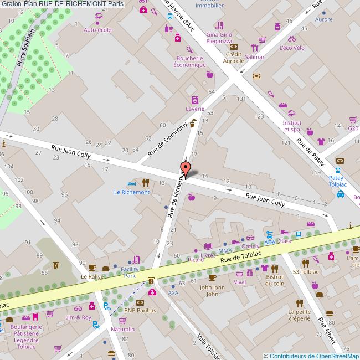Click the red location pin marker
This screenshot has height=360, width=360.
[185, 168]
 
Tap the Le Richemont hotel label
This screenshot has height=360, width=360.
[132, 192]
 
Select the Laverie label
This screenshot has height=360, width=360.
[194, 109]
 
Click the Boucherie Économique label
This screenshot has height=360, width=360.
[190, 61]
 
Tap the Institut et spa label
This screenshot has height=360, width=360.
[292, 126]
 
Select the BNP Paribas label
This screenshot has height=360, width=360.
[137, 311]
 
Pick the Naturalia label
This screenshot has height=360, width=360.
[122, 329]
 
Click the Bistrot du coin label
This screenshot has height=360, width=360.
[274, 280]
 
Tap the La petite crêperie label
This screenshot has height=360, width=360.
[300, 315]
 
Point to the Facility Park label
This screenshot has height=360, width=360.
[129, 272]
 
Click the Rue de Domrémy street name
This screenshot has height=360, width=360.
[165, 137]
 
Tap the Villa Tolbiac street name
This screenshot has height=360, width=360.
[209, 346]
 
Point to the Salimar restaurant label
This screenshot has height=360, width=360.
[254, 57]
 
